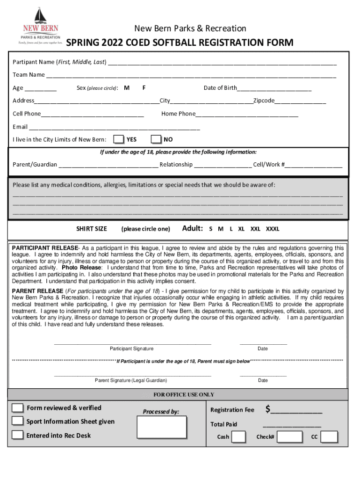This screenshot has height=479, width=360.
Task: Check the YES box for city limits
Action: [119, 139]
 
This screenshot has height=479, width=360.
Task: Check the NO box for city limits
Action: [156, 139]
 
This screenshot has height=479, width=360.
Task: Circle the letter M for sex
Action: [127, 88]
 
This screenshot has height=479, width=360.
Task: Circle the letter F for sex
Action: [144, 88]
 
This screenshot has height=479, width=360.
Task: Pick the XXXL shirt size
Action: [273, 229]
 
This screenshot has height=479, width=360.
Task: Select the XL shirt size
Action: [241, 229]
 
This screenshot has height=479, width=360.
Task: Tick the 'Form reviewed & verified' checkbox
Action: [18, 408]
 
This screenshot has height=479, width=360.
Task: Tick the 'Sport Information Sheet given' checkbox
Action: [18, 421]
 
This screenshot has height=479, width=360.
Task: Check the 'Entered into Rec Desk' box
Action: [18, 435]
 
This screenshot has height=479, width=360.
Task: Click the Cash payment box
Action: [238, 437]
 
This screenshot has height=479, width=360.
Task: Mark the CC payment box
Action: [330, 437]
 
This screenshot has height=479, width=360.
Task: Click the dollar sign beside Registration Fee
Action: [268, 410]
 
